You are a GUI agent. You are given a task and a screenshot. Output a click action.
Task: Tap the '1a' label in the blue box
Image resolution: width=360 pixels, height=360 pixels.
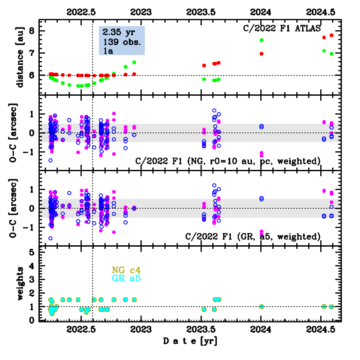108,52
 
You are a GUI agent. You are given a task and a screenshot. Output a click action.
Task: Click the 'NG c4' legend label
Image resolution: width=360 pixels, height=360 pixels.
126,270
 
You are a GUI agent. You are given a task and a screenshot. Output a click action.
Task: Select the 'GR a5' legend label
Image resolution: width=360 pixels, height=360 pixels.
126,279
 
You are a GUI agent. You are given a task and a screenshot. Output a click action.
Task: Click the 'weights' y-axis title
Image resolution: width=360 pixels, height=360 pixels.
19,283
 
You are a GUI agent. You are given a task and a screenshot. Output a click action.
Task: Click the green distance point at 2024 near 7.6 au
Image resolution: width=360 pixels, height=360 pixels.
262,40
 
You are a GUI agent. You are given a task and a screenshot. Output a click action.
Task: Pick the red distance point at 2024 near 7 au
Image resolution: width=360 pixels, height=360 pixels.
262,54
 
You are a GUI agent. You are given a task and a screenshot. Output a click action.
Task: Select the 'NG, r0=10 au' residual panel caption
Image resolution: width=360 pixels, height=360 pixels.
229,161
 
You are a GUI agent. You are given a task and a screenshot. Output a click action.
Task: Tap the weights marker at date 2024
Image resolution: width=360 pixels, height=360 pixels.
262,306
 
